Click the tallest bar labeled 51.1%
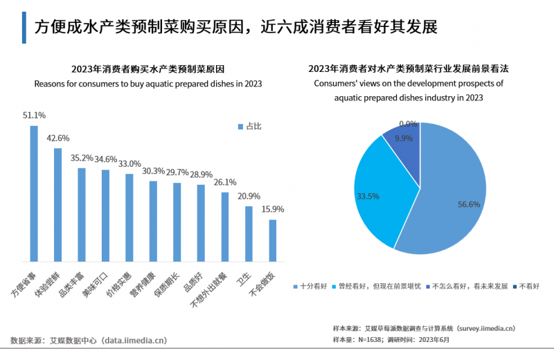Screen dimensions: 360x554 34,194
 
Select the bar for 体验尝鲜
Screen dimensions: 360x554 57,205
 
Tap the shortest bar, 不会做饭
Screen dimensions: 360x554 272,240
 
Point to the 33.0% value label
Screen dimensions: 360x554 129,164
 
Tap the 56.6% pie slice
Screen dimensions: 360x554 450,201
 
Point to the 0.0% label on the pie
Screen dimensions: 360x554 408,124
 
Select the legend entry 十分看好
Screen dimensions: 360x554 312,286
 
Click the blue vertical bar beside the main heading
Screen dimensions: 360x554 24,27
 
